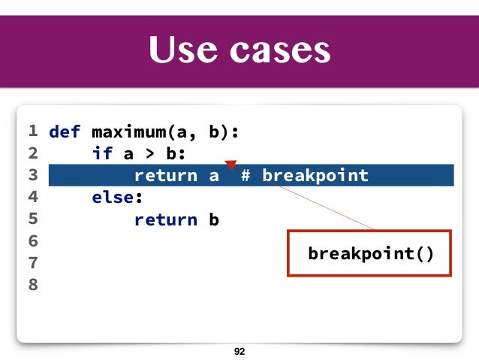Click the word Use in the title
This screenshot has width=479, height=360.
179,50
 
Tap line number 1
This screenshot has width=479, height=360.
32,132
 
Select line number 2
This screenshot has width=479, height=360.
32,154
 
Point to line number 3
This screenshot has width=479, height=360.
32,176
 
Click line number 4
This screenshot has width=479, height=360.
32,198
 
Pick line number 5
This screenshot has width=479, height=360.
32,219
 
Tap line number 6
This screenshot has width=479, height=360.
32,241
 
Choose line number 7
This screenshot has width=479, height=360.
32,263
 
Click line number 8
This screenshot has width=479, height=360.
32,285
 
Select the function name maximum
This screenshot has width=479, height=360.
128,133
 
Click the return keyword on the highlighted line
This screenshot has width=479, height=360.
165,177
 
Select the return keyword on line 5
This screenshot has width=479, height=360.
165,220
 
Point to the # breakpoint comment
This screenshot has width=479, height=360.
305,177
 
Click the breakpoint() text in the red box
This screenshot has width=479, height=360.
371,253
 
